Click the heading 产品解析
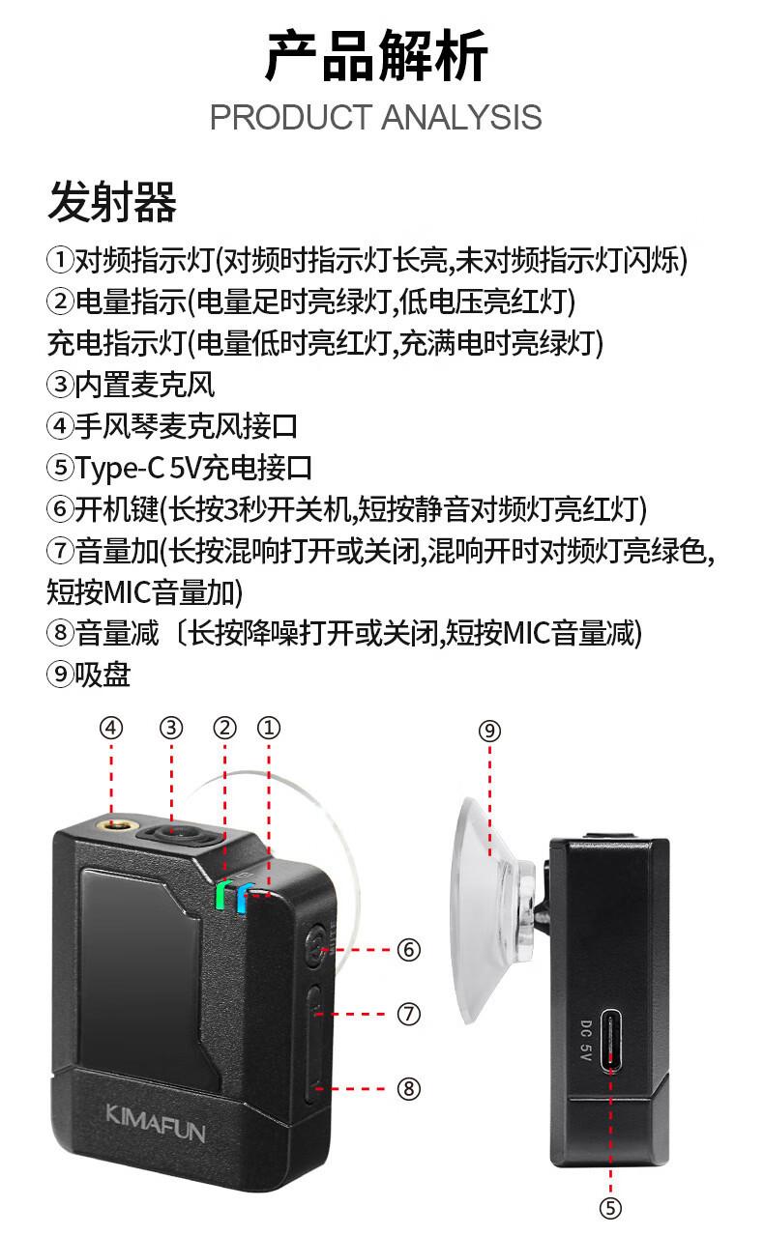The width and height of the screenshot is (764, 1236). click(376, 57)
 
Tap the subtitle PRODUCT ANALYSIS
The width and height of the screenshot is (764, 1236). click(375, 118)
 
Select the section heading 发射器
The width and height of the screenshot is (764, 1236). click(112, 204)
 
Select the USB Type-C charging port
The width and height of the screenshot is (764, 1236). click(612, 1040)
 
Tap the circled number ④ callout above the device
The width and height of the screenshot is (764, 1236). click(113, 729)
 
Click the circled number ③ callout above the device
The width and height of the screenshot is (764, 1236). click(171, 729)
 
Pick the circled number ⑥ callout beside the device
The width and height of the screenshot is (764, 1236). click(409, 950)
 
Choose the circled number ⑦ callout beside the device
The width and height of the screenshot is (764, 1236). click(409, 1014)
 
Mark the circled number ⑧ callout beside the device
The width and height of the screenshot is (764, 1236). click(409, 1089)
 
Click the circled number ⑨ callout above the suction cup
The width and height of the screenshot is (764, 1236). click(489, 731)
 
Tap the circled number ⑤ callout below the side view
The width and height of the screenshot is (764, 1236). click(610, 1208)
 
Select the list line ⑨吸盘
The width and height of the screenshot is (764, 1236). click(89, 675)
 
